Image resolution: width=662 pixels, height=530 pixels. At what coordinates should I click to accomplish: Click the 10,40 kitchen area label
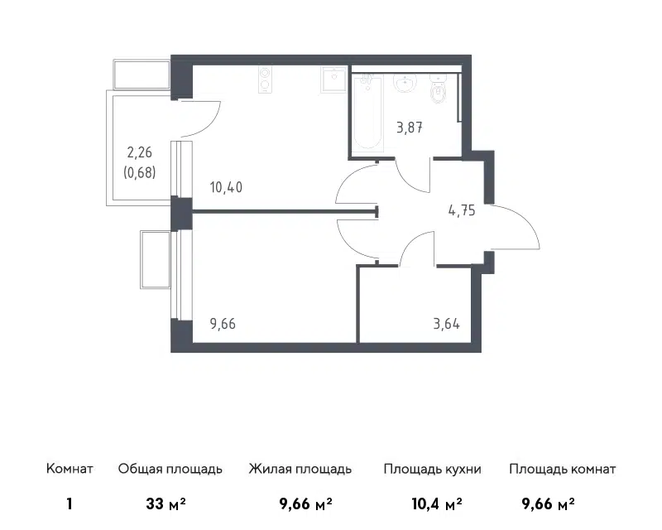point(226,187)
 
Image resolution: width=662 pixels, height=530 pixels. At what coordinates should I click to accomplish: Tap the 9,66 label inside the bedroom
point(223,324)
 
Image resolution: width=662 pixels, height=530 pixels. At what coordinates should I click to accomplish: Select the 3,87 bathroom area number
point(410,128)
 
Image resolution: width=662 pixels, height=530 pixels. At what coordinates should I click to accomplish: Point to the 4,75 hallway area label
point(462,210)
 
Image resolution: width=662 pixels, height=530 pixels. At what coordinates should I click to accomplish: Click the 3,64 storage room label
point(446,324)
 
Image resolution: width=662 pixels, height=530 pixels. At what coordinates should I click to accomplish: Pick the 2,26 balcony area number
point(139,152)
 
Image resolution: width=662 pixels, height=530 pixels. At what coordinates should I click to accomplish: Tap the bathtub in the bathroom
point(367,113)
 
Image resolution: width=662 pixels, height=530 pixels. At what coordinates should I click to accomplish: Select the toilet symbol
point(439,89)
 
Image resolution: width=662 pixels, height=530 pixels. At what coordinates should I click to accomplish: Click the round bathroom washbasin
point(405,83)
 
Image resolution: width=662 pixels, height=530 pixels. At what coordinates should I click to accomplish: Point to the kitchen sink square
point(333,79)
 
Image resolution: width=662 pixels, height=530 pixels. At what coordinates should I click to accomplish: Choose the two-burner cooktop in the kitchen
point(265,79)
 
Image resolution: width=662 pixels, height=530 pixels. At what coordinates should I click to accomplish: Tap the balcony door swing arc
point(211,122)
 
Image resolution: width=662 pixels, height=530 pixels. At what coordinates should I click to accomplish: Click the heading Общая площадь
point(170,470)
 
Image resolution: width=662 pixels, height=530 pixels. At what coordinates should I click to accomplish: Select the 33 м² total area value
point(166,503)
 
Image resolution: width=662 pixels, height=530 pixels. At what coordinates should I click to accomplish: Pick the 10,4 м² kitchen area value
point(437,503)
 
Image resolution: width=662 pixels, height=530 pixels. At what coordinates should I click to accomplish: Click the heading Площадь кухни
point(432,470)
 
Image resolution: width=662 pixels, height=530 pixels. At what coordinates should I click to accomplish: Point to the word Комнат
point(70,469)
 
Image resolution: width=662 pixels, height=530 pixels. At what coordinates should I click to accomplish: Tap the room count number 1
point(70,503)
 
